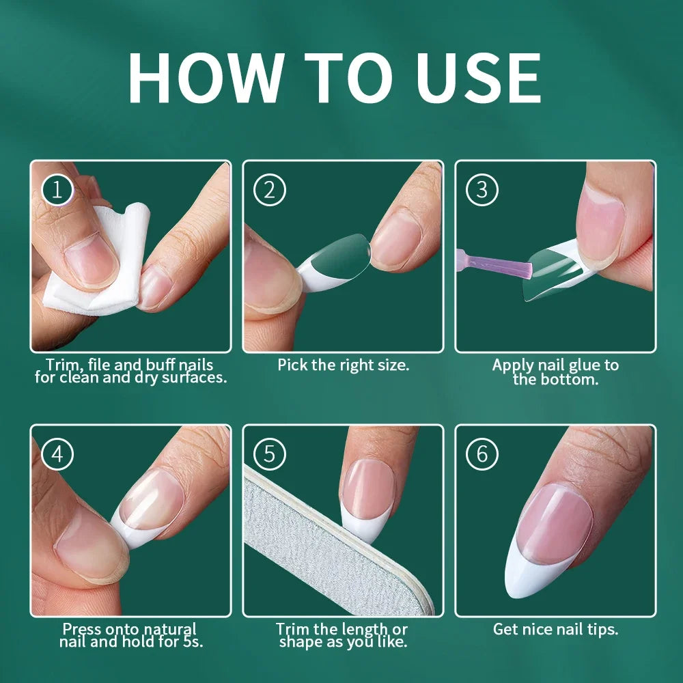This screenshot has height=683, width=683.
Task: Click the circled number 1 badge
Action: tap(57, 191)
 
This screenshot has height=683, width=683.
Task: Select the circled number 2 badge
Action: tap(269, 191)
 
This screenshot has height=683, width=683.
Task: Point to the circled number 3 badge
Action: tap(482, 191)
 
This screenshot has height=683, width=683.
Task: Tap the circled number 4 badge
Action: tap(57, 455)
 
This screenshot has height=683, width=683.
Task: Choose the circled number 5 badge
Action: tap(269, 455)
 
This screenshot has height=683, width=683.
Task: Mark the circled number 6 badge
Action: tap(482, 455)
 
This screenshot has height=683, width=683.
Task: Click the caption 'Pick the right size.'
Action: tap(343, 365)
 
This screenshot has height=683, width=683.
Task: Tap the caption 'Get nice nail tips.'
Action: tap(555, 629)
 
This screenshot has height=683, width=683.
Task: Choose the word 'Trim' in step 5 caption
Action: tap(294, 629)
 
